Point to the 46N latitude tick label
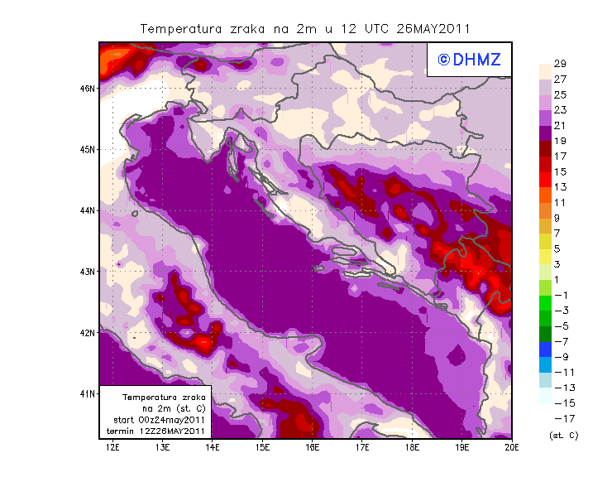coord(88,88)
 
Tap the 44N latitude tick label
coord(88,210)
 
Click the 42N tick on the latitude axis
coord(88,332)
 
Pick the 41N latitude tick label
coord(88,393)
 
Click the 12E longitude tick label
coord(113,447)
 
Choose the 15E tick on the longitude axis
coord(263,447)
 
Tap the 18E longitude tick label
coord(412,447)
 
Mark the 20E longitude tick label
coord(512,447)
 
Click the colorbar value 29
coord(559,65)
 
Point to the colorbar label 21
coord(559,126)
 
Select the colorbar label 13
coord(559,187)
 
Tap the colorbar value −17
coord(560,418)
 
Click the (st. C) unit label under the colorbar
coord(563,435)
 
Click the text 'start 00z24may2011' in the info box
coord(159,420)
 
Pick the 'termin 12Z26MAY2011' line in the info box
coord(158,431)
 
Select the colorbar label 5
coord(558,248)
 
